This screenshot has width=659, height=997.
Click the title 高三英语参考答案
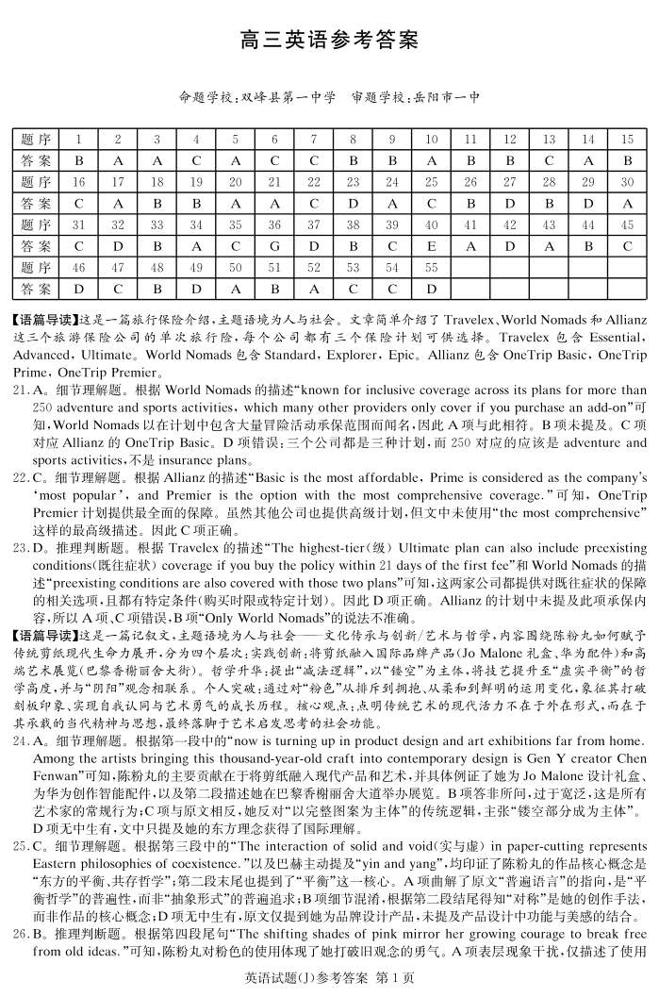coord(328,42)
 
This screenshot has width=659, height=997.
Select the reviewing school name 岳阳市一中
coord(445,97)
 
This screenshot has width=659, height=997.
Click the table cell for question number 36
coord(274,225)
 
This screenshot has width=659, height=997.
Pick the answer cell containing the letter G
coord(274,246)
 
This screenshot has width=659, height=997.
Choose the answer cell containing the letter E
coord(431,246)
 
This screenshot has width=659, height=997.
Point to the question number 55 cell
coord(431,268)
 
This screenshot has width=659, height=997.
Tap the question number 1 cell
coord(79,140)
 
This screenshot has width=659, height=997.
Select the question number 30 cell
coord(627,182)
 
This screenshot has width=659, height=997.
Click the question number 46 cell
coord(79,268)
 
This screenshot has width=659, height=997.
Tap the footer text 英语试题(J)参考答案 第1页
coord(328,978)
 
